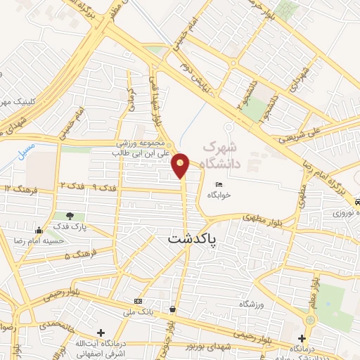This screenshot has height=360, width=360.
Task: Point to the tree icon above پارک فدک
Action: coord(69,216)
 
